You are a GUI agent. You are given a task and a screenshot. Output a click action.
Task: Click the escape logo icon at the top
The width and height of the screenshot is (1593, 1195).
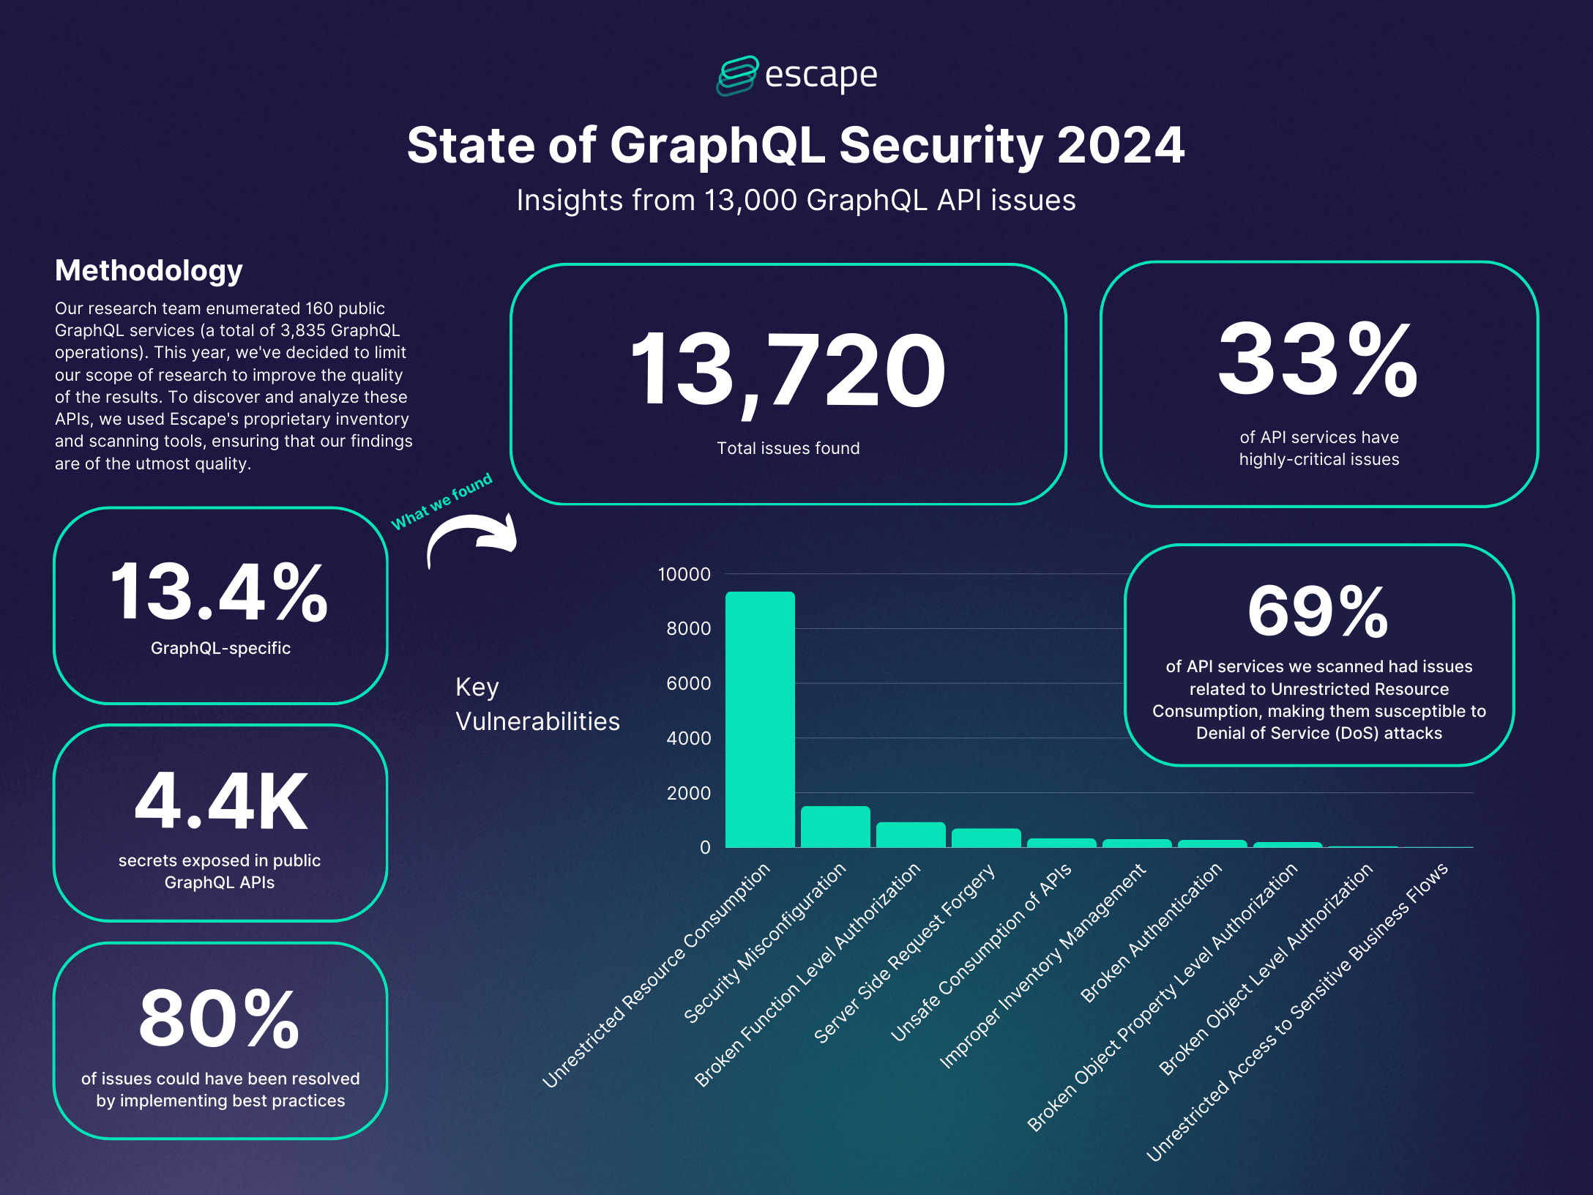pyautogui.click(x=736, y=75)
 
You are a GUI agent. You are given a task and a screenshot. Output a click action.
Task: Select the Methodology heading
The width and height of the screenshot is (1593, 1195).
pyautogui.click(x=149, y=270)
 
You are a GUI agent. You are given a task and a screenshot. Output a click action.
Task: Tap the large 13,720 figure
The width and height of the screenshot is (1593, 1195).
pyautogui.click(x=788, y=370)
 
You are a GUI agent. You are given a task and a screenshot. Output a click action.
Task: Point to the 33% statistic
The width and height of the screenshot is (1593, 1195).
pyautogui.click(x=1318, y=360)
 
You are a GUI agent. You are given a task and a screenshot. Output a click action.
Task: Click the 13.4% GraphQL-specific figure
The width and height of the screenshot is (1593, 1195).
pyautogui.click(x=220, y=592)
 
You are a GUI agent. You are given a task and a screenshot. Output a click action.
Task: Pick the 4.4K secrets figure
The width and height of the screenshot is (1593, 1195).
pyautogui.click(x=221, y=803)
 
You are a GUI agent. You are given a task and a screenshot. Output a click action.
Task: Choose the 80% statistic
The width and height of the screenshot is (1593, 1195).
pyautogui.click(x=220, y=1019)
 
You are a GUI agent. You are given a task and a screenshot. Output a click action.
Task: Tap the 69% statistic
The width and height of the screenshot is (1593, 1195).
pyautogui.click(x=1318, y=612)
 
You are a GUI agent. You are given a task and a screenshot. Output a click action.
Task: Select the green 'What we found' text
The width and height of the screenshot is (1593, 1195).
pyautogui.click(x=441, y=502)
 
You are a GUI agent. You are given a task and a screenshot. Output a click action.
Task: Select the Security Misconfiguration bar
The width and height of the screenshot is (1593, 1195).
pyautogui.click(x=835, y=827)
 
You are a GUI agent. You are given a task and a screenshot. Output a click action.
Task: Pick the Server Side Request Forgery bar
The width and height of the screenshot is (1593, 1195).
pyautogui.click(x=986, y=838)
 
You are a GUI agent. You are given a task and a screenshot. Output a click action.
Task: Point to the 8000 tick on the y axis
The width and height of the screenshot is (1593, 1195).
pyautogui.click(x=688, y=628)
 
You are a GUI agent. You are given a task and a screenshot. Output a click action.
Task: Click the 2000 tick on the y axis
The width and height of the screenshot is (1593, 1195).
pyautogui.click(x=688, y=793)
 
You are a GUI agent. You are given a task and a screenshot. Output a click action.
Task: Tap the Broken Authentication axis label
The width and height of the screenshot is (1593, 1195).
pyautogui.click(x=1152, y=931)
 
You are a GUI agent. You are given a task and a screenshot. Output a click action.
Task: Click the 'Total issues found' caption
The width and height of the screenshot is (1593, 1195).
pyautogui.click(x=788, y=448)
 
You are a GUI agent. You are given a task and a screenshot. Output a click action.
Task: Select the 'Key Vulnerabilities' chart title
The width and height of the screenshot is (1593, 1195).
pyautogui.click(x=537, y=704)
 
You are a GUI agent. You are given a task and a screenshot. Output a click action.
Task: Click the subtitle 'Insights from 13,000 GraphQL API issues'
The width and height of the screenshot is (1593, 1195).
pyautogui.click(x=796, y=201)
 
